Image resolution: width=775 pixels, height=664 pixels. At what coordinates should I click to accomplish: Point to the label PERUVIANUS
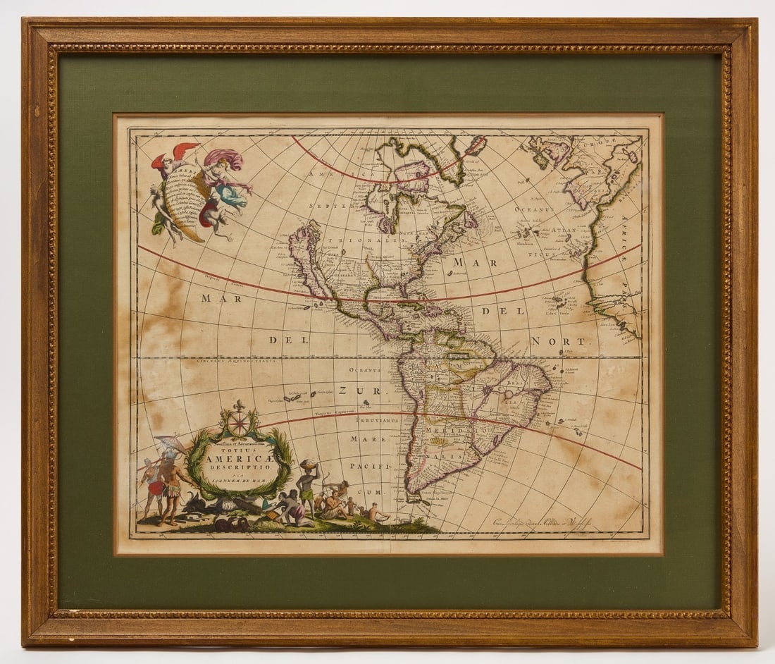coord(376,419)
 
